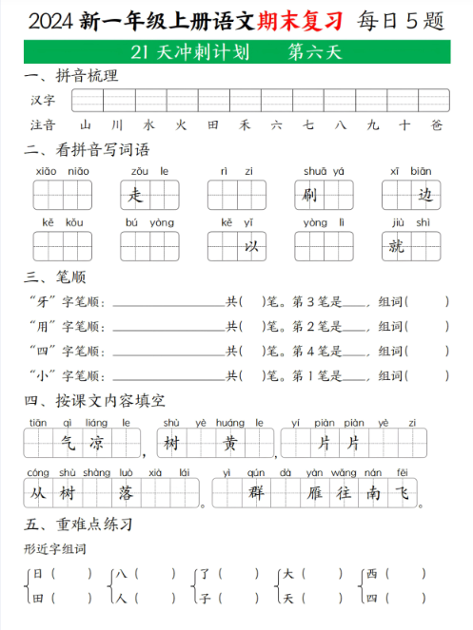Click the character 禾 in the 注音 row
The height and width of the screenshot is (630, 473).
(245, 124)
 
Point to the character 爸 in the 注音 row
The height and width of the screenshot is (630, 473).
(436, 124)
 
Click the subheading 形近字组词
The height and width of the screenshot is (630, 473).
(55, 549)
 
